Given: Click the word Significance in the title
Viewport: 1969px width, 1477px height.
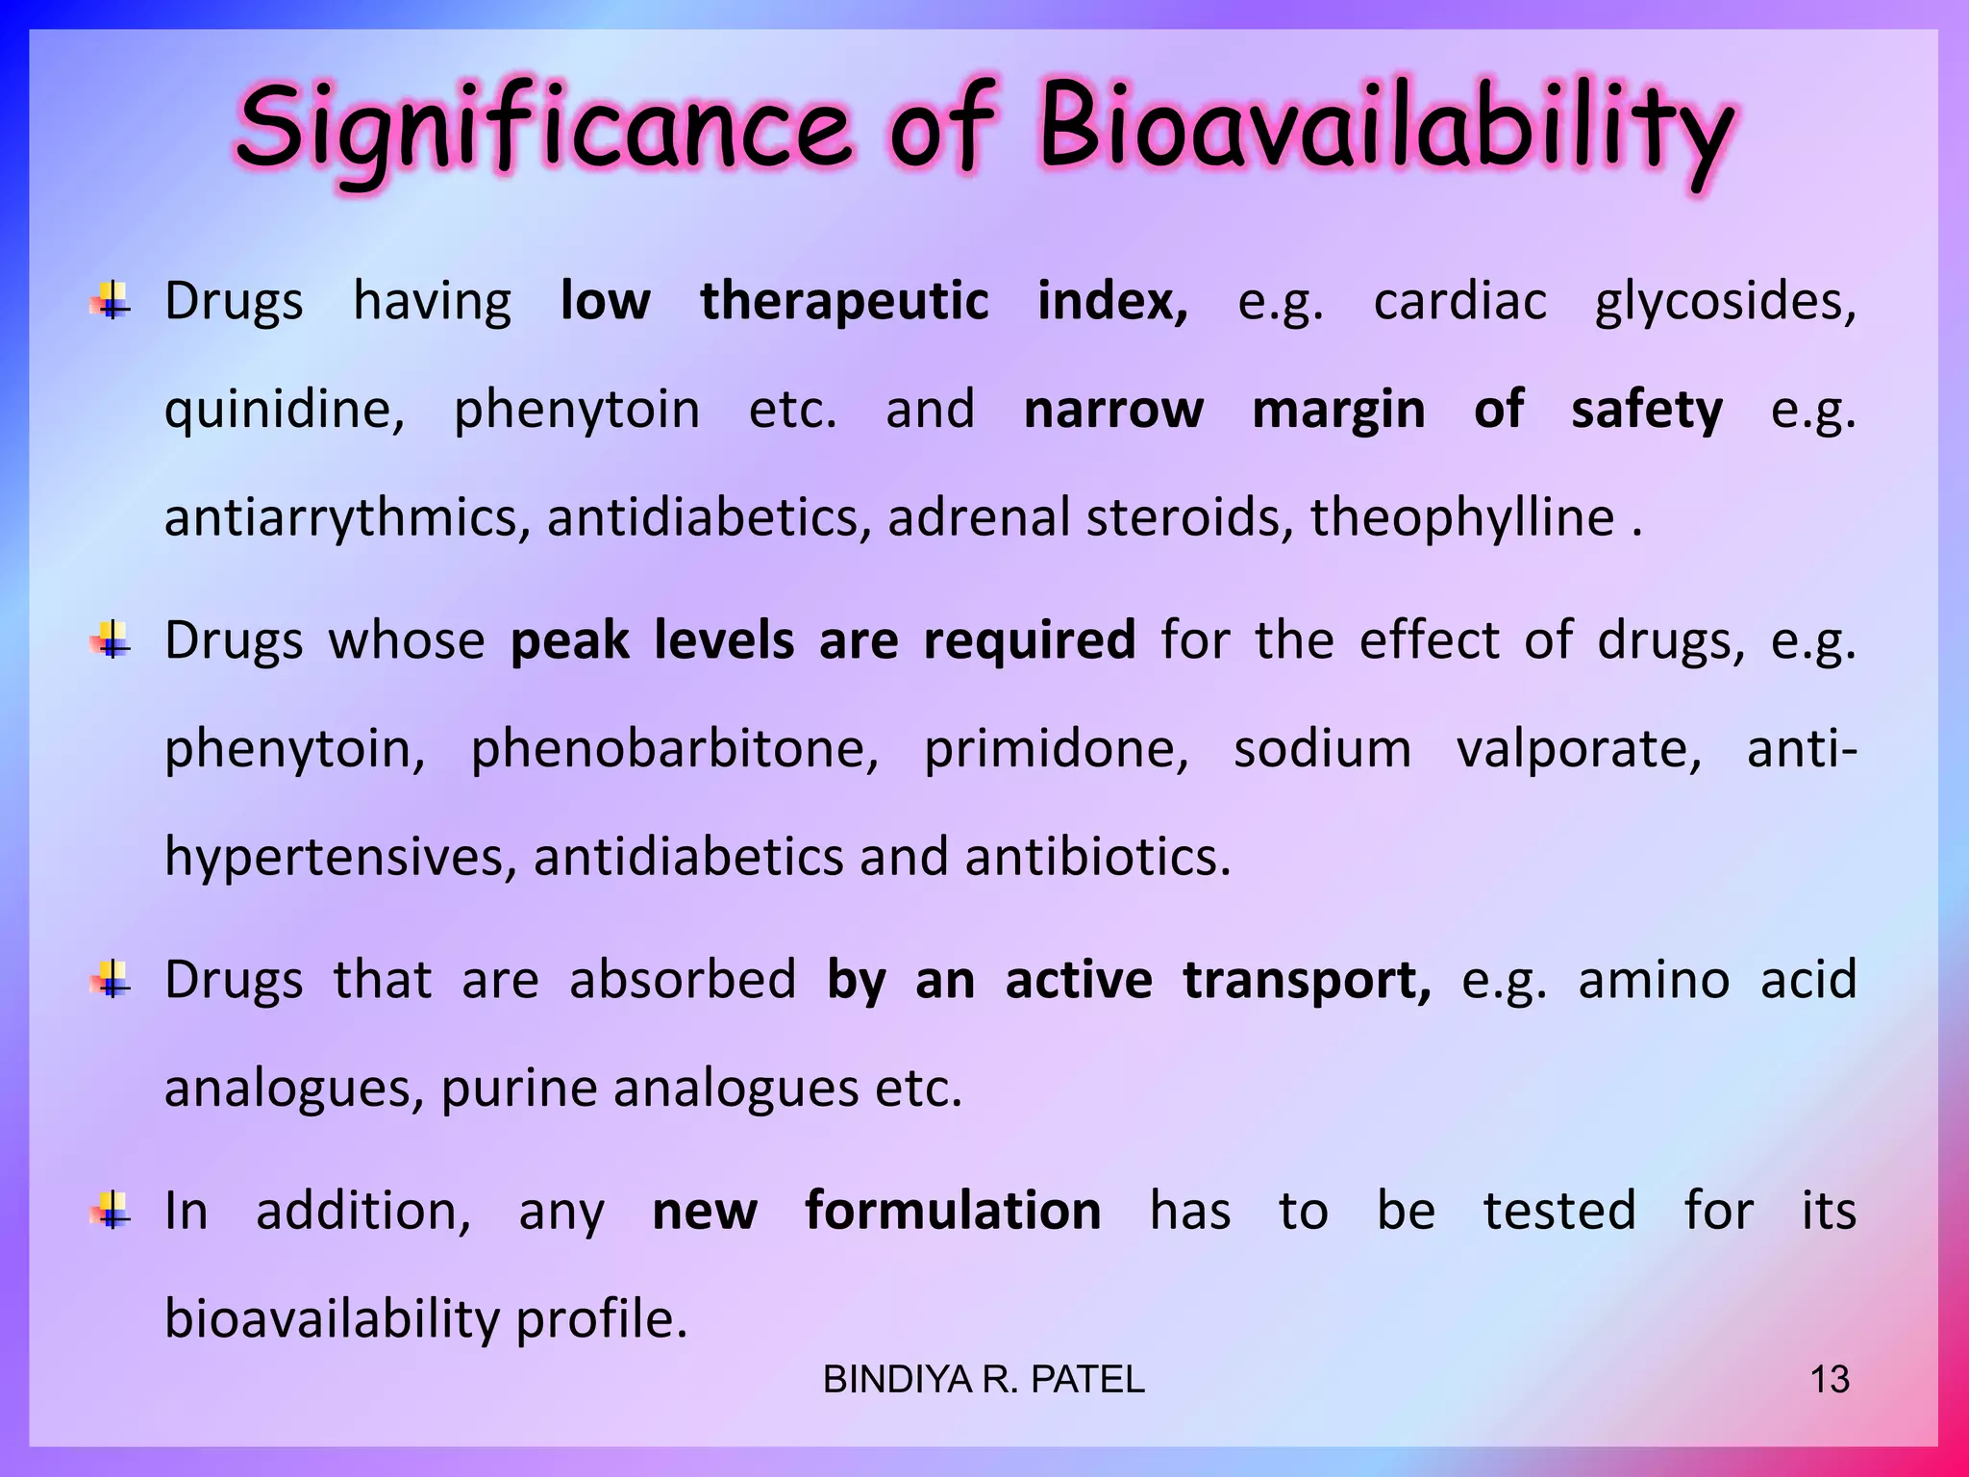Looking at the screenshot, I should [543, 130].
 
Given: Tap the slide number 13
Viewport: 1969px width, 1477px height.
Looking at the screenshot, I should [1829, 1380].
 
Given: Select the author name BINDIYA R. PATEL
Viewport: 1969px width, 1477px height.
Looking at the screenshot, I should [984, 1380].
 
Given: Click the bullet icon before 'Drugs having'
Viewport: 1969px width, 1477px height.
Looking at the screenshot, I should [112, 301].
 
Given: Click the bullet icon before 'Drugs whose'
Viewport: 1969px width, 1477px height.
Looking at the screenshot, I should [112, 640].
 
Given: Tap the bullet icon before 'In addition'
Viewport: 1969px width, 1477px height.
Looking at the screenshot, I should [112, 1210].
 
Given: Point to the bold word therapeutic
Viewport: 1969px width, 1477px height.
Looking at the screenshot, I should [843, 302].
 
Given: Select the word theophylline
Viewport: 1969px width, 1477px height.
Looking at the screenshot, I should [1461, 519].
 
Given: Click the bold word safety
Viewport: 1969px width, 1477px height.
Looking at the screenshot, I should [1646, 411].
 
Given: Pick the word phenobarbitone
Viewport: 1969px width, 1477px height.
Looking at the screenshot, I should [674, 749].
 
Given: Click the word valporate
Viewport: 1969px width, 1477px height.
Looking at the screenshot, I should [1579, 749].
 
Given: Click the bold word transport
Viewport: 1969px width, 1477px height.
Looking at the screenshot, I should [1306, 981].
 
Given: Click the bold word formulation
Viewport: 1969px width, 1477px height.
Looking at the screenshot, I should [952, 1211].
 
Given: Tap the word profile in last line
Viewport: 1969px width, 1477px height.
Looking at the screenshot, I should [601, 1319].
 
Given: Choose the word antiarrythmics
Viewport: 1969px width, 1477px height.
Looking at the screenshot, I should [347, 519].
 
